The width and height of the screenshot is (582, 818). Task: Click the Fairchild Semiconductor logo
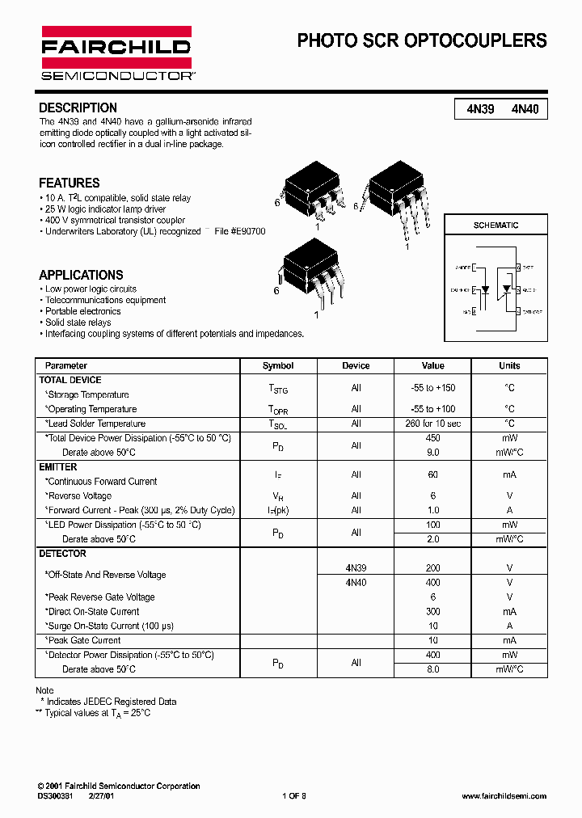(116, 53)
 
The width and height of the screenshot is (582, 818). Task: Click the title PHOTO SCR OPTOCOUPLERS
(422, 40)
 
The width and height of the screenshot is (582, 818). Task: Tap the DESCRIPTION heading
(78, 108)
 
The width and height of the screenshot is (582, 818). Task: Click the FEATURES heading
(70, 183)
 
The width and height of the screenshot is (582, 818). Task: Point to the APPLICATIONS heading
(81, 275)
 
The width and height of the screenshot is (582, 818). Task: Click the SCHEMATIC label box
(496, 226)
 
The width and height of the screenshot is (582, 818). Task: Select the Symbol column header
(278, 365)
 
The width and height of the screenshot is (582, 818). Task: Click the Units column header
(509, 365)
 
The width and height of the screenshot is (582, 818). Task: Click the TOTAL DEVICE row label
(70, 380)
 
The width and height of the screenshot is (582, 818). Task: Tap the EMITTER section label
(58, 467)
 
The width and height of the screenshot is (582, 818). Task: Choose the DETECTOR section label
(62, 554)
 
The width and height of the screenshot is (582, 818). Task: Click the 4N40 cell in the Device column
(356, 582)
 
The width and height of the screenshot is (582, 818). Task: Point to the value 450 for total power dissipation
(433, 438)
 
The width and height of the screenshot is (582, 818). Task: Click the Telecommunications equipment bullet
(105, 300)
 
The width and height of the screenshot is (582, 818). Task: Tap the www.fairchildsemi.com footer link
(504, 796)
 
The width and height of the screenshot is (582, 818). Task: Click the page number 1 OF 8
(294, 796)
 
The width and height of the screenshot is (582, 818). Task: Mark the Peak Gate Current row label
(83, 640)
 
